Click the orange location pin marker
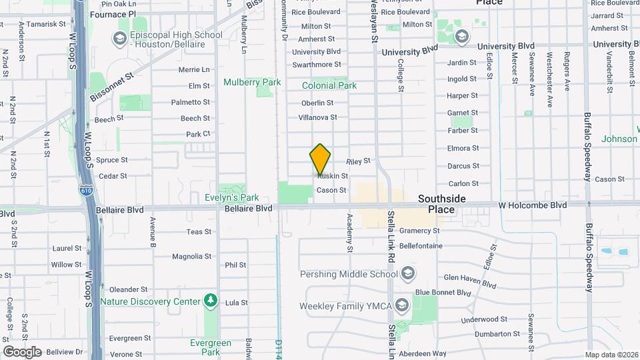coord(320,159)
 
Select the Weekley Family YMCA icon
coord(401,305)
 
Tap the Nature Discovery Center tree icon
coord(211,301)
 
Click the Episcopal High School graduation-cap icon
coord(121,39)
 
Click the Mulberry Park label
coord(252,83)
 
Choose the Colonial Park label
coord(329,85)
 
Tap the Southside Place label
coord(437,204)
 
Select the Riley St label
coord(358,161)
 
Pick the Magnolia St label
coord(191,257)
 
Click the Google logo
coord(22,351)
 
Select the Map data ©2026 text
coord(611,355)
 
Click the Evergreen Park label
coord(211,347)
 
